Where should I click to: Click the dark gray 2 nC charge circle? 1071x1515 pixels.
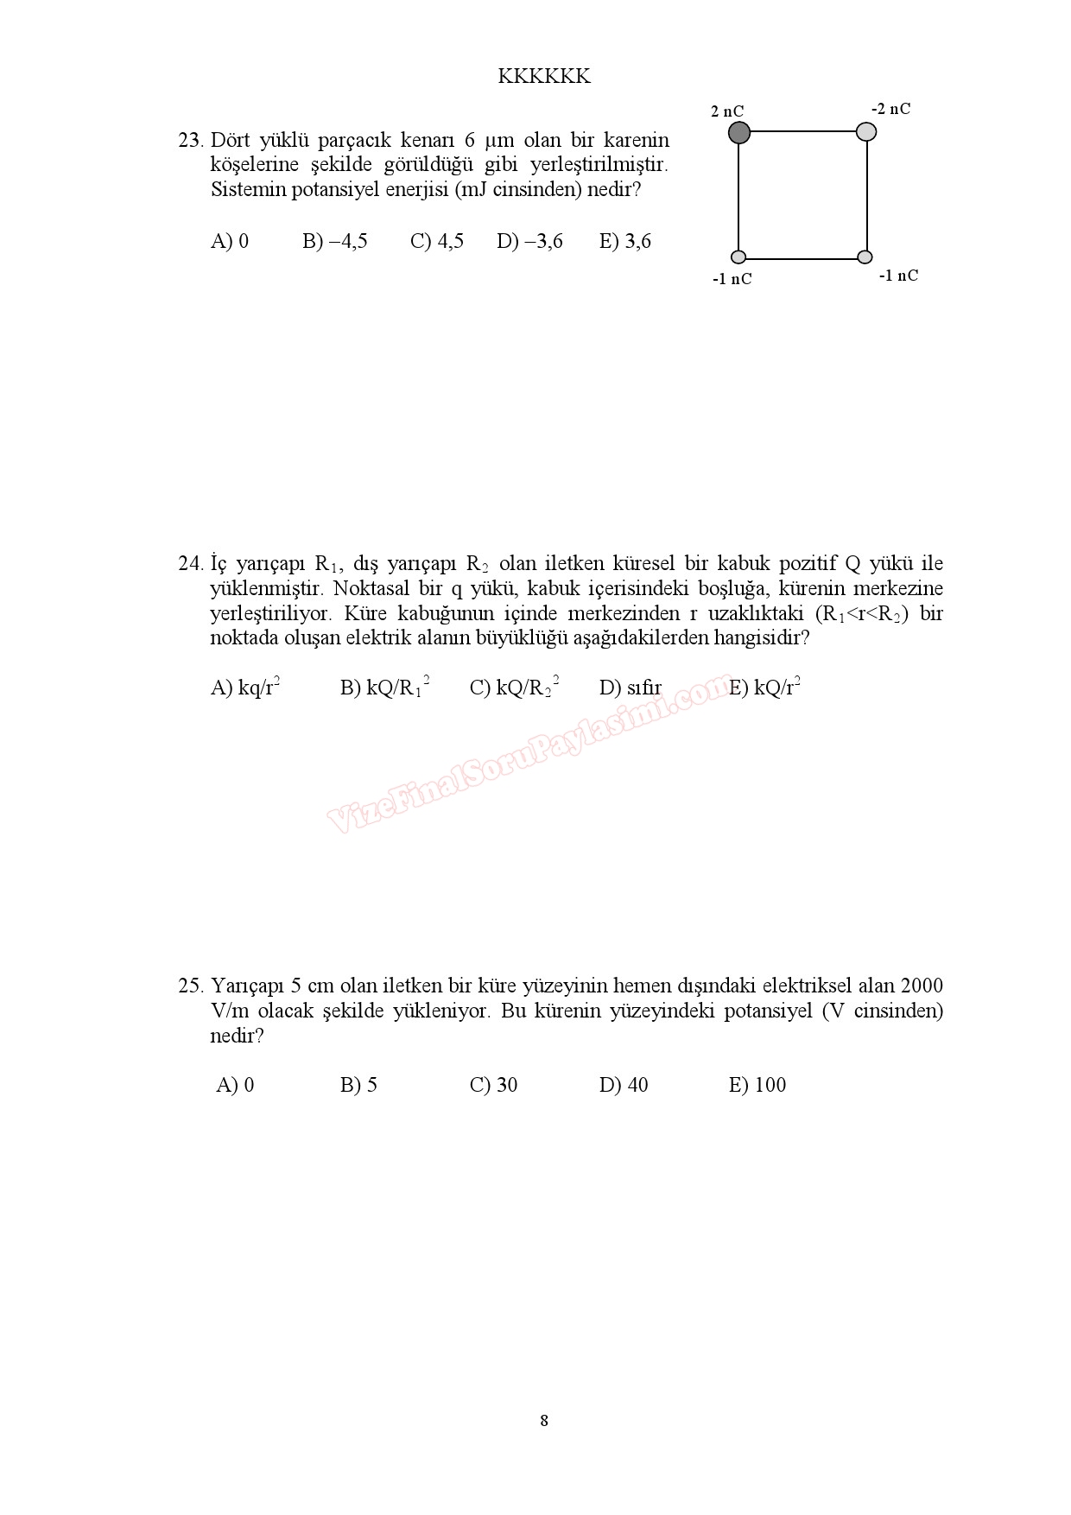(738, 133)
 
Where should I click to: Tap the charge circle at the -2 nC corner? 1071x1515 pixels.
(866, 131)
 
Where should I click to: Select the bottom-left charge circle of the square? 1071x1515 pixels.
(738, 257)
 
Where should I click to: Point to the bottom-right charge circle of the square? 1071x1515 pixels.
(865, 257)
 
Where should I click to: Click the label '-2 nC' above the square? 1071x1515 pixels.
(890, 109)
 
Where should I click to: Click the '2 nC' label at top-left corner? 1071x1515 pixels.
(727, 111)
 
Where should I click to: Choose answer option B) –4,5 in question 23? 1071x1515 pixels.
(335, 241)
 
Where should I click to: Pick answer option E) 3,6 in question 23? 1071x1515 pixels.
(625, 241)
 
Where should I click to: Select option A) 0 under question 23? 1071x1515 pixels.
(230, 241)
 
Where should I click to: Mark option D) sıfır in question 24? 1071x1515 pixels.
(631, 688)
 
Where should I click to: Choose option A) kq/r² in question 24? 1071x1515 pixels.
(245, 688)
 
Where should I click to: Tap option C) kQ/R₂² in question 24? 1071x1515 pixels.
(514, 688)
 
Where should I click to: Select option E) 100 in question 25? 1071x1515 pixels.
(757, 1085)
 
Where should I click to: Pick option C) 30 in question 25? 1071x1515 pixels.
(493, 1085)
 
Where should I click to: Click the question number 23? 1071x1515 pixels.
(190, 140)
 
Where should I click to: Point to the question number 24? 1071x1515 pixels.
(190, 564)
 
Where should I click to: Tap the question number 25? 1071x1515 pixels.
(190, 986)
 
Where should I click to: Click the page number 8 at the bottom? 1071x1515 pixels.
(544, 1421)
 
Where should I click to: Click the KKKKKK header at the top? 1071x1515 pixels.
(544, 77)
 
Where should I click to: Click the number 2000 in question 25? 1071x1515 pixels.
(922, 986)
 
